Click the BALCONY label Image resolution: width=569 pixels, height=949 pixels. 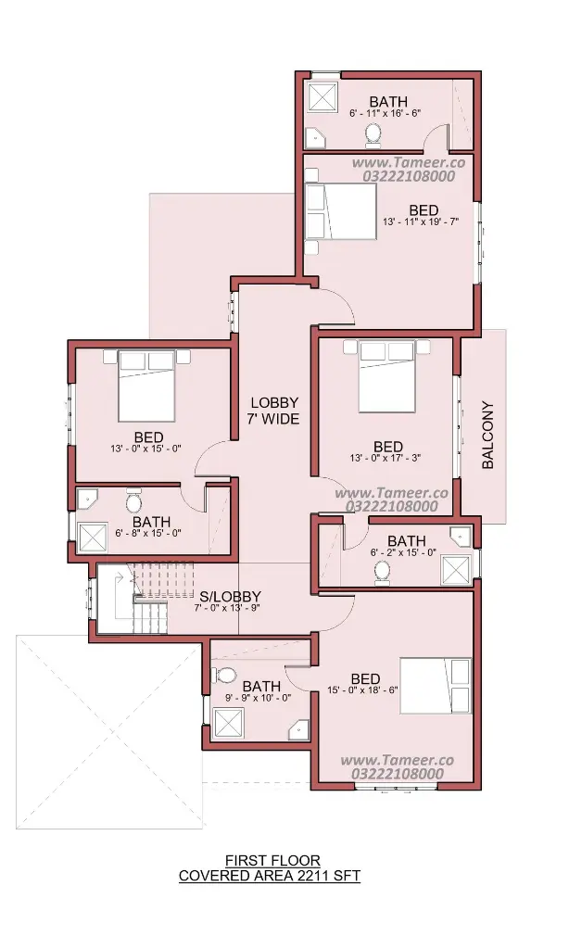(488, 436)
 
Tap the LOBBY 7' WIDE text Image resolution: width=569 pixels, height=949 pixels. (275, 411)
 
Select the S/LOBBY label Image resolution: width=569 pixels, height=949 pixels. (230, 596)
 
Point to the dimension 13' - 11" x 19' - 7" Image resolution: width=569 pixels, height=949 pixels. (420, 221)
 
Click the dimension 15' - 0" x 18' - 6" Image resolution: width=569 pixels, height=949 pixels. (362, 690)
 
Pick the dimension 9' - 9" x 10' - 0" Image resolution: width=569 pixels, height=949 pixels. (258, 697)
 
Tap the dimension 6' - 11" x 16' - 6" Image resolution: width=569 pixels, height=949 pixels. (385, 112)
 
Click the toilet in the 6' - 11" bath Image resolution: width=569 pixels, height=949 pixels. (373, 135)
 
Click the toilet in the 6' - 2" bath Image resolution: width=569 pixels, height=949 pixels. (382, 573)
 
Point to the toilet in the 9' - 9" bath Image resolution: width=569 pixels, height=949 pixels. (225, 675)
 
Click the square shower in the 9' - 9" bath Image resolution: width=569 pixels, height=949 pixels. (229, 723)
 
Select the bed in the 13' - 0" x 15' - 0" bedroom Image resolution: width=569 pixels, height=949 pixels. (145, 386)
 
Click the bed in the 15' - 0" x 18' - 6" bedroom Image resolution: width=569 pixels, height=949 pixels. (435, 686)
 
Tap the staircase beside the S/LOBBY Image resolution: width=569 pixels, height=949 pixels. (150, 598)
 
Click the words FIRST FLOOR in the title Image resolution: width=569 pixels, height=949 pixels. (272, 860)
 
